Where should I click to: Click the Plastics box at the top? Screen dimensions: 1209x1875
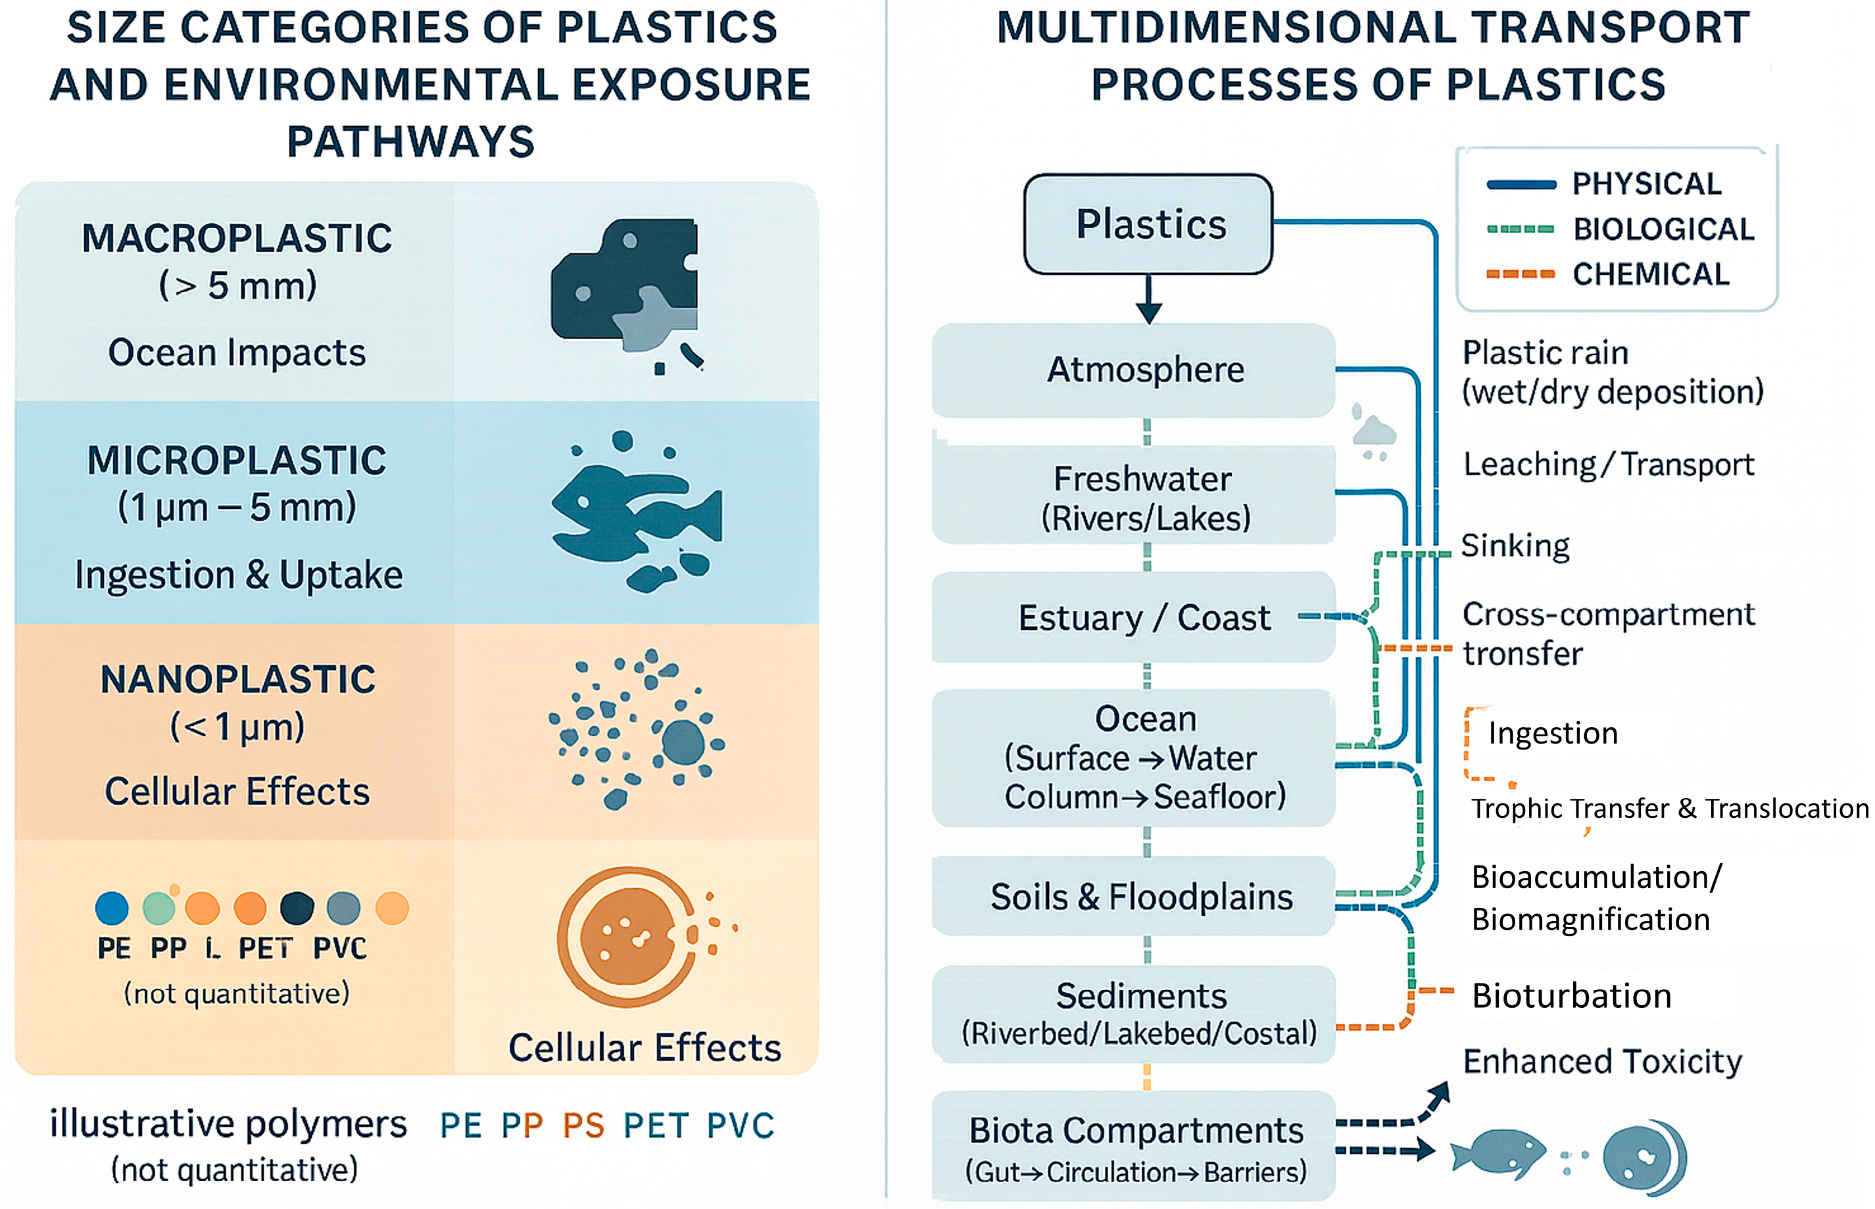coord(1148,225)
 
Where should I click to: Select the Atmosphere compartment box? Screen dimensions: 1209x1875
coord(1133,369)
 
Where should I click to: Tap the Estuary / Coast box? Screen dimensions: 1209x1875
coord(1133,618)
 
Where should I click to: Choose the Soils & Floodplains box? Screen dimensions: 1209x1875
coord(1133,897)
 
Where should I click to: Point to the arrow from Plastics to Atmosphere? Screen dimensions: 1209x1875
coord(1148,299)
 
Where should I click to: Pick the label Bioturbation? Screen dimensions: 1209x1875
coord(1571,995)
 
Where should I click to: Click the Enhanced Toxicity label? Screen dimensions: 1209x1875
coord(1602,1061)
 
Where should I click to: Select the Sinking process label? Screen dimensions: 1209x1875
coord(1515,546)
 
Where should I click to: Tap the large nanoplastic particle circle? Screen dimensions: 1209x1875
coord(683,741)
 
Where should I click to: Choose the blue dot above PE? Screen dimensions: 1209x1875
coord(112,909)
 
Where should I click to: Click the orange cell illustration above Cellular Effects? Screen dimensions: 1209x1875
coord(627,937)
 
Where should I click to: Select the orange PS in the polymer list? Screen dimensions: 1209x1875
coord(583,1126)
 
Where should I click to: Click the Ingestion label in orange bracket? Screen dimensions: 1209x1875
coord(1552,733)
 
